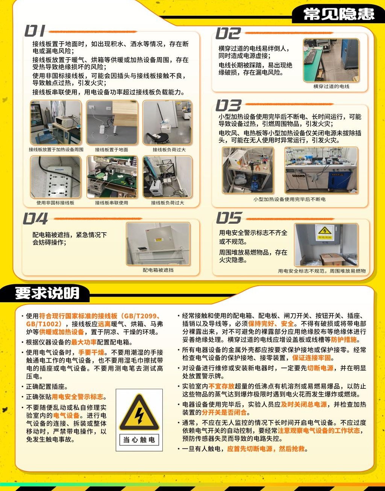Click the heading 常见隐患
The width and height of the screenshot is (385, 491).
point(339,14)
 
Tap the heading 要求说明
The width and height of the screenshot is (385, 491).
point(47,293)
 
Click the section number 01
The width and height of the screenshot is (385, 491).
point(35,31)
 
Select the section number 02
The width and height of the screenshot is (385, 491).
point(228,33)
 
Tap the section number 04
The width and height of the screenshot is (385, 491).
point(35,218)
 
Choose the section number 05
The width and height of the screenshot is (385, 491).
point(229,218)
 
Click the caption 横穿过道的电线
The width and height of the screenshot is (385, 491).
point(331,86)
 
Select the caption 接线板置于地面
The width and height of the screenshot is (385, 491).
point(112,150)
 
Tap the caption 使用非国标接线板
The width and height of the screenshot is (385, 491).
point(55,203)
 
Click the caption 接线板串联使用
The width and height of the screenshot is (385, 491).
point(112,203)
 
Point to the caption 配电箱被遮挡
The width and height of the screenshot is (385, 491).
point(158,270)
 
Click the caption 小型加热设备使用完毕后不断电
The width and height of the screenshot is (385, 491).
point(290,199)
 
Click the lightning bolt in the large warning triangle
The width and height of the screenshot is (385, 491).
point(139,416)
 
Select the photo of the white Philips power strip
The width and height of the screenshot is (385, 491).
point(56,177)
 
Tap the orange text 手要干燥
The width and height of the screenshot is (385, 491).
point(91,352)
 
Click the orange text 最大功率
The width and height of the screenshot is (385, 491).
point(84,342)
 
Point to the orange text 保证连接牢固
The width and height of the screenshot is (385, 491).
point(312,358)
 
